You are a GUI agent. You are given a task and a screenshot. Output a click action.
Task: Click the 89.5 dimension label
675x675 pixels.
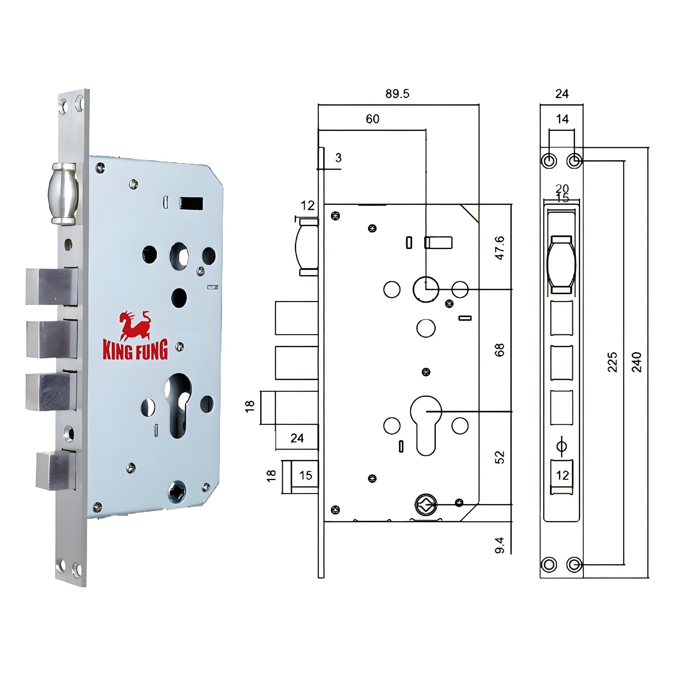(397, 94)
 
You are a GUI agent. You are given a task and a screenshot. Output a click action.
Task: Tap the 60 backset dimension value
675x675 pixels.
(373, 119)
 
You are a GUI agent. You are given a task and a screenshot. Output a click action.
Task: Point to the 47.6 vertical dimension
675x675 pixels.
(500, 248)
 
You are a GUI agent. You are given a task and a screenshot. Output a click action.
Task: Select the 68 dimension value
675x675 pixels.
(500, 350)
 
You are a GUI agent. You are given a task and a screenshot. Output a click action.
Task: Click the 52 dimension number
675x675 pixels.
(500, 457)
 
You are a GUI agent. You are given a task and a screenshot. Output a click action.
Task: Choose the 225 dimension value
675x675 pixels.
(613, 362)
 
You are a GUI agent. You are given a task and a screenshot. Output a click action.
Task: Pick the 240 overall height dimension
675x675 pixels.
(637, 362)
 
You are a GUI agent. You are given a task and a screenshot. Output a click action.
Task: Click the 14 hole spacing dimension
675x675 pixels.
(562, 119)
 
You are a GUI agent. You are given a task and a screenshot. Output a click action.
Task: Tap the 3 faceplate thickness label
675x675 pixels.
(338, 158)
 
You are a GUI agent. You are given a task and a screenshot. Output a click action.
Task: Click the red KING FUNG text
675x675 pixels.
(135, 349)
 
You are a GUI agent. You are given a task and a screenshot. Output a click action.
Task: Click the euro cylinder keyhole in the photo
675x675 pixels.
(179, 405)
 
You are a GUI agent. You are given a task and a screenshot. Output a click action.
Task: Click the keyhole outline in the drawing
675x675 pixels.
(426, 425)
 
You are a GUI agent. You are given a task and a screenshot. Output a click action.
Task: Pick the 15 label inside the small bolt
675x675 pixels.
(306, 475)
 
